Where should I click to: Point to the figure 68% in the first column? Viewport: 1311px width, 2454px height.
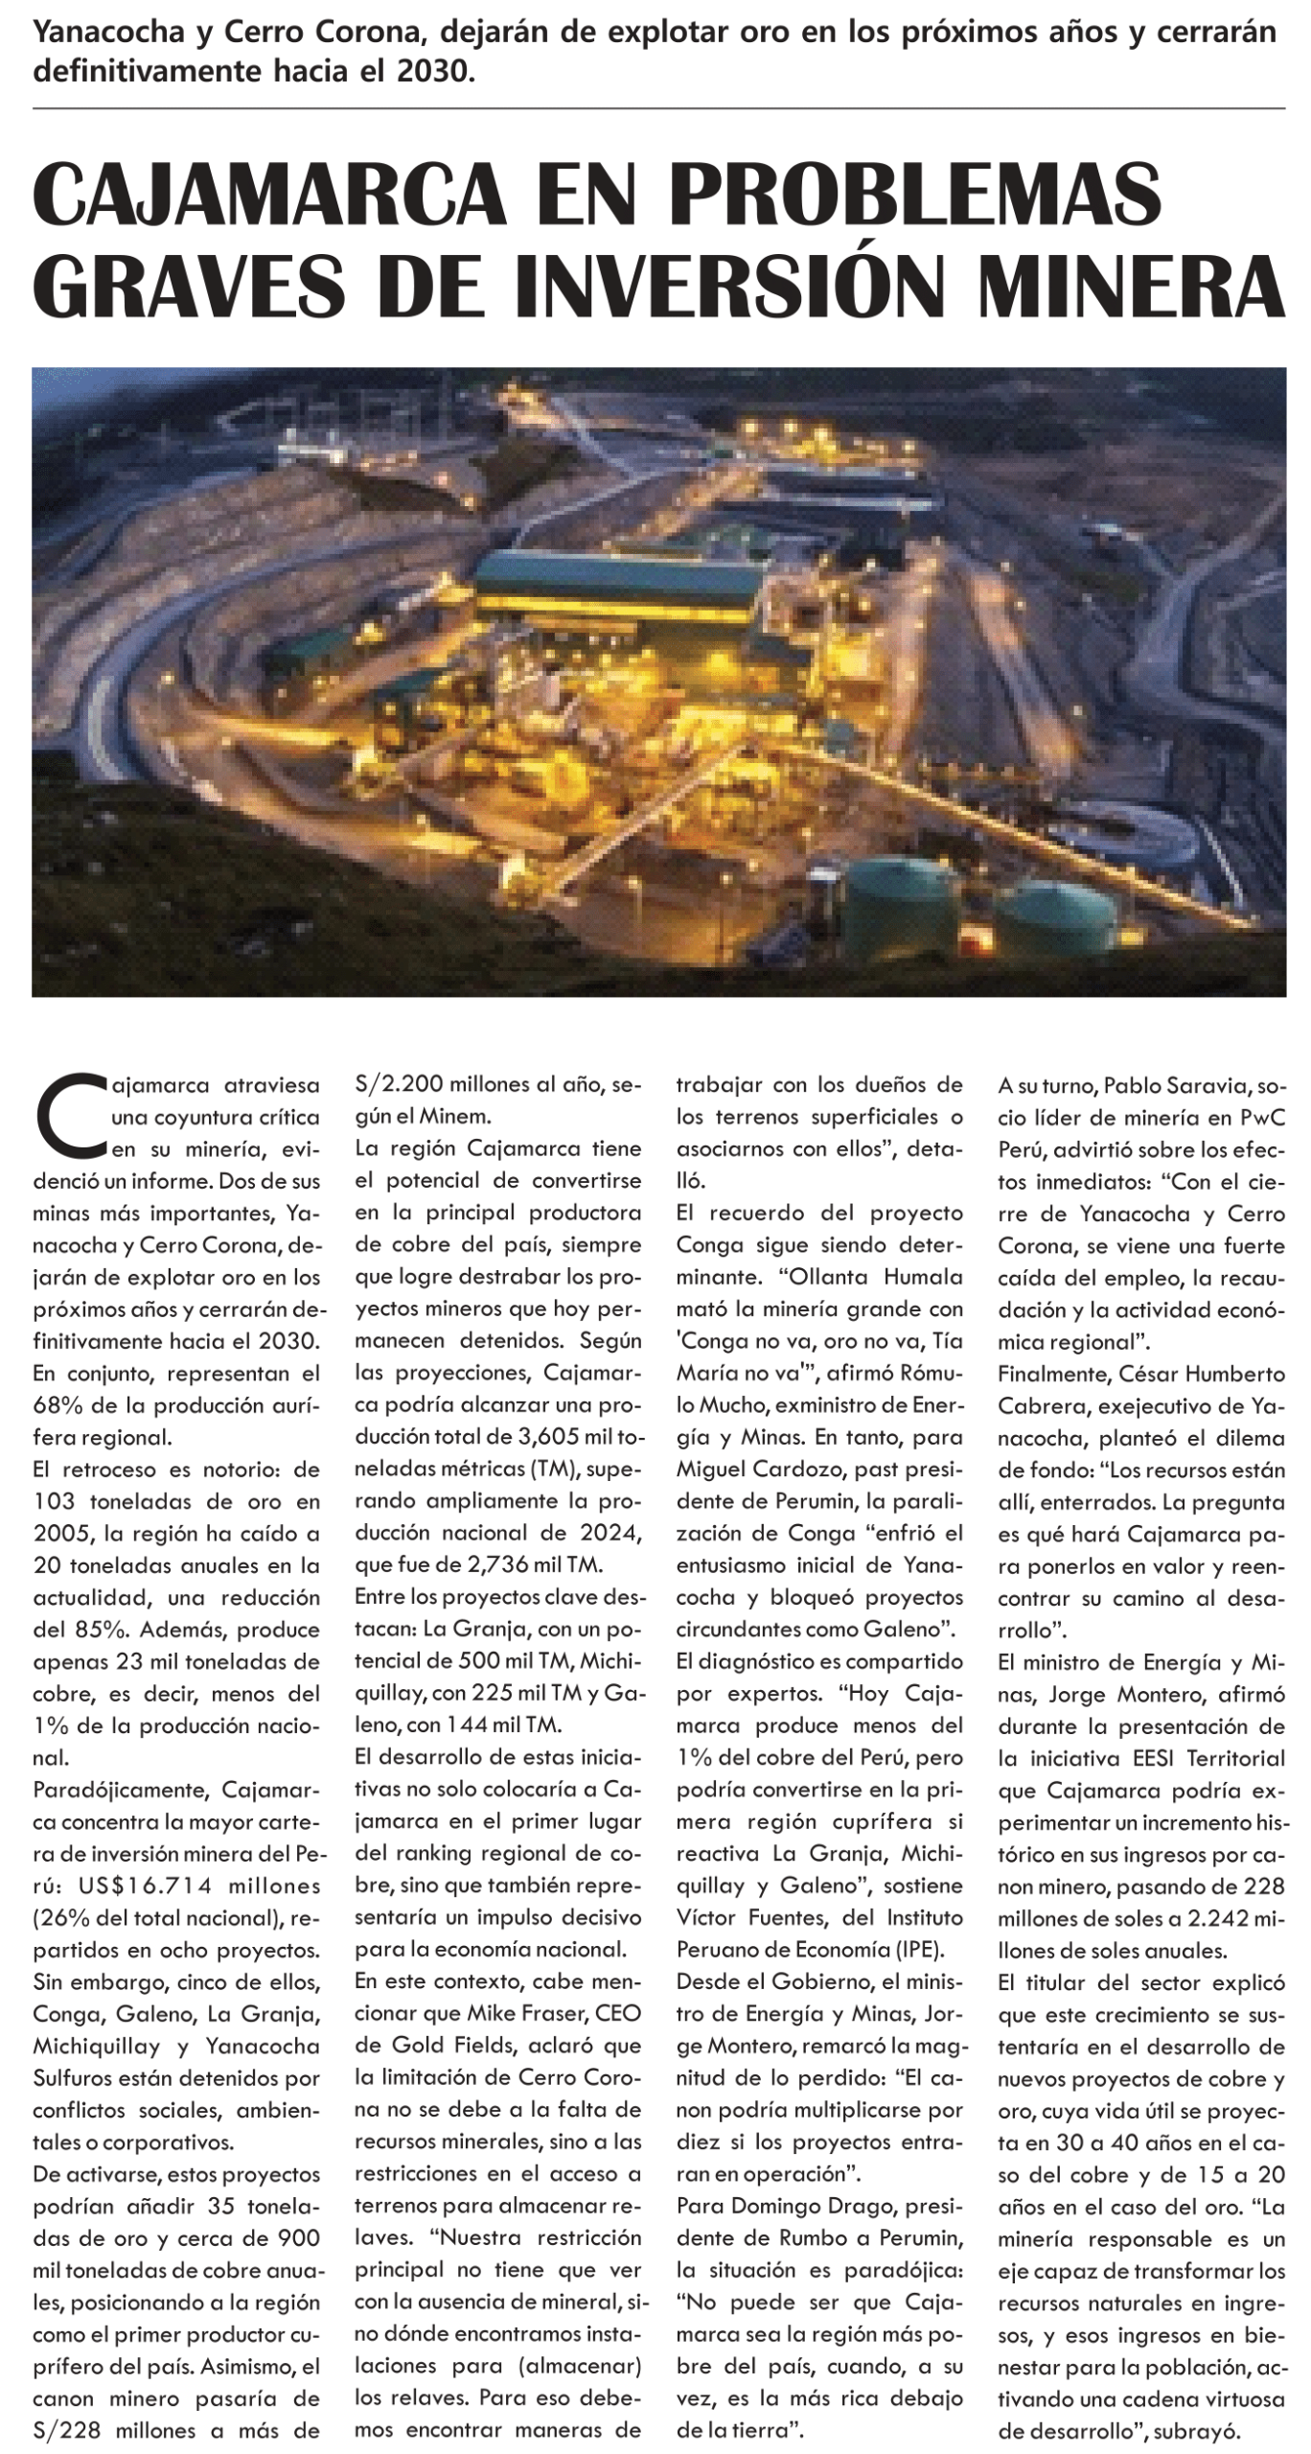(57, 1405)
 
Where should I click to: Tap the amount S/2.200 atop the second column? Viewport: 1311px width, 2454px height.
(393, 1084)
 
